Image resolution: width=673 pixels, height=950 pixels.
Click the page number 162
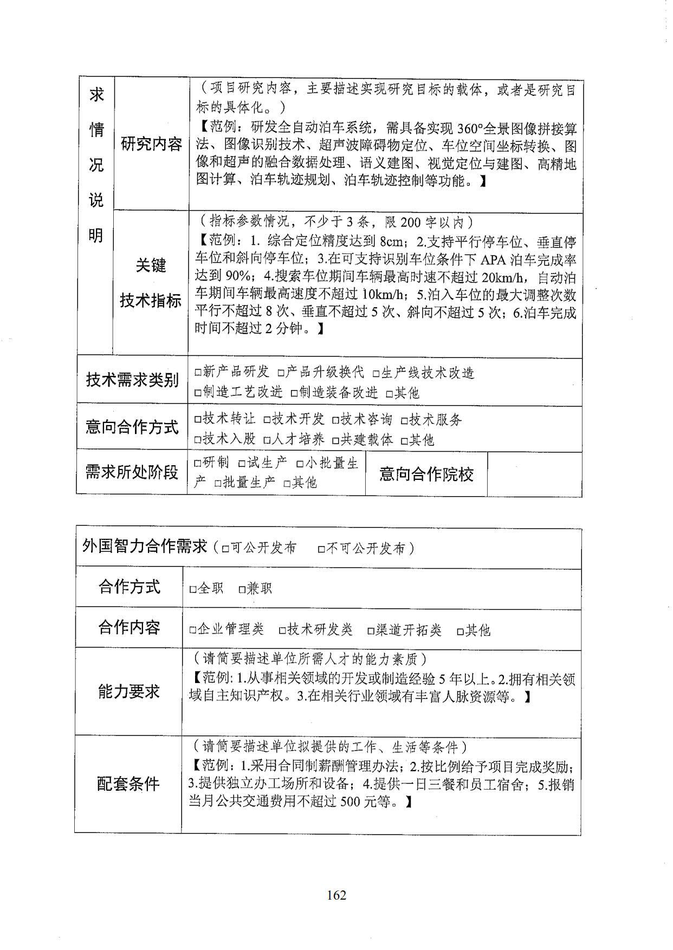[x=336, y=895]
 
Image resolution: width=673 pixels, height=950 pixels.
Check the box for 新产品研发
[x=198, y=373]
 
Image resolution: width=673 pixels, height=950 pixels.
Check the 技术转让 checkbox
[x=198, y=420]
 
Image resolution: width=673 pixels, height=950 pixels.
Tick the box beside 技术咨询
[x=335, y=420]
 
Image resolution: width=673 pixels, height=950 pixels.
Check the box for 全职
[x=192, y=589]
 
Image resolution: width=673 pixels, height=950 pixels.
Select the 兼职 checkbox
[x=242, y=589]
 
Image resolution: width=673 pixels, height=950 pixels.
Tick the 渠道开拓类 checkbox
[x=371, y=630]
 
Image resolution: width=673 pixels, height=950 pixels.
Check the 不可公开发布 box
[x=321, y=549]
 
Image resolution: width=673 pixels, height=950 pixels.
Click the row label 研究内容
[x=151, y=144]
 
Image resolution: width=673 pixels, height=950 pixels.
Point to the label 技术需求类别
[x=132, y=380]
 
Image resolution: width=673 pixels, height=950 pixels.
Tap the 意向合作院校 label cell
[x=426, y=474]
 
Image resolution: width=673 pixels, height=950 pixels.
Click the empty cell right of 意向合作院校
[x=534, y=474]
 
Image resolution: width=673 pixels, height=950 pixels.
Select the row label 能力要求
[x=129, y=691]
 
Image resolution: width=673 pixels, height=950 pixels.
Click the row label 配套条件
[x=128, y=784]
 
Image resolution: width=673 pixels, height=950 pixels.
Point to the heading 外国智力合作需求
[x=145, y=546]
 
